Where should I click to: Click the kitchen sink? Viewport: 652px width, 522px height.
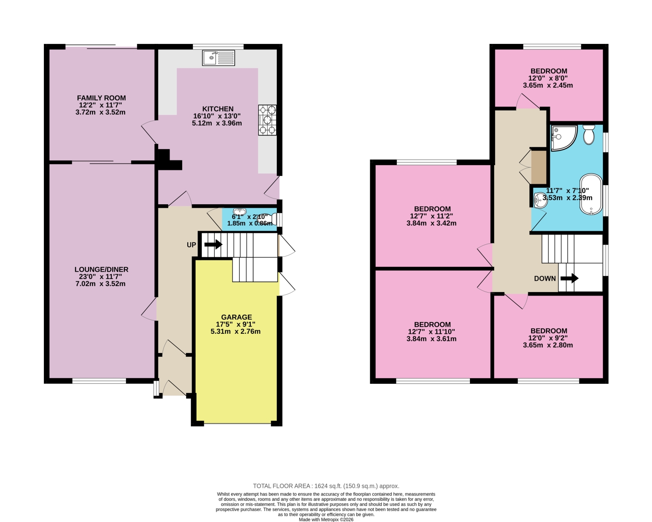click(x=219, y=58)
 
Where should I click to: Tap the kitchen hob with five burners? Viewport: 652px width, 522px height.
click(x=267, y=120)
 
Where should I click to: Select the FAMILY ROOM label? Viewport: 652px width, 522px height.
click(x=101, y=98)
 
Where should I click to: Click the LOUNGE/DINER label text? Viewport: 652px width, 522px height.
click(x=102, y=269)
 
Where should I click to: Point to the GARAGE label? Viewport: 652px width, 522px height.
click(x=236, y=317)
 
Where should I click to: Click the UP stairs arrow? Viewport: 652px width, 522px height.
click(x=213, y=244)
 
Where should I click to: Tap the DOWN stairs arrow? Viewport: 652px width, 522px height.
click(x=569, y=278)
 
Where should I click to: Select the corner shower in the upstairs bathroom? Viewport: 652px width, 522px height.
click(x=564, y=138)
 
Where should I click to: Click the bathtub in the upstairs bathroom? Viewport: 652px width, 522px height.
click(x=591, y=194)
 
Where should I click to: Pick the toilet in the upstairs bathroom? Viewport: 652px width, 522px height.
click(x=589, y=134)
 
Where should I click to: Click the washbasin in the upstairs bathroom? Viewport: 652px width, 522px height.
click(x=540, y=200)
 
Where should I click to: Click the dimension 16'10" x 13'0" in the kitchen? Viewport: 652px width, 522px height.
click(x=217, y=116)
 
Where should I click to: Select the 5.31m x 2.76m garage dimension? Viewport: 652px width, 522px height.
click(x=236, y=332)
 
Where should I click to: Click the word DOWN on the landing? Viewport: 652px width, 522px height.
click(x=545, y=279)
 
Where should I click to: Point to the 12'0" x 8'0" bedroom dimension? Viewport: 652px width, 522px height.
click(x=548, y=78)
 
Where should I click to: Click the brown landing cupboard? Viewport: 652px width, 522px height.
click(x=539, y=167)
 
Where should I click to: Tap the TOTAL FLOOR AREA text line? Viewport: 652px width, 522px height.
click(x=326, y=486)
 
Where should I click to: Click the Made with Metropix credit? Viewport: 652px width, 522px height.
click(x=326, y=519)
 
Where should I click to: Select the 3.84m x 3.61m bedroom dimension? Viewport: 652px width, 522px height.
click(x=432, y=339)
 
